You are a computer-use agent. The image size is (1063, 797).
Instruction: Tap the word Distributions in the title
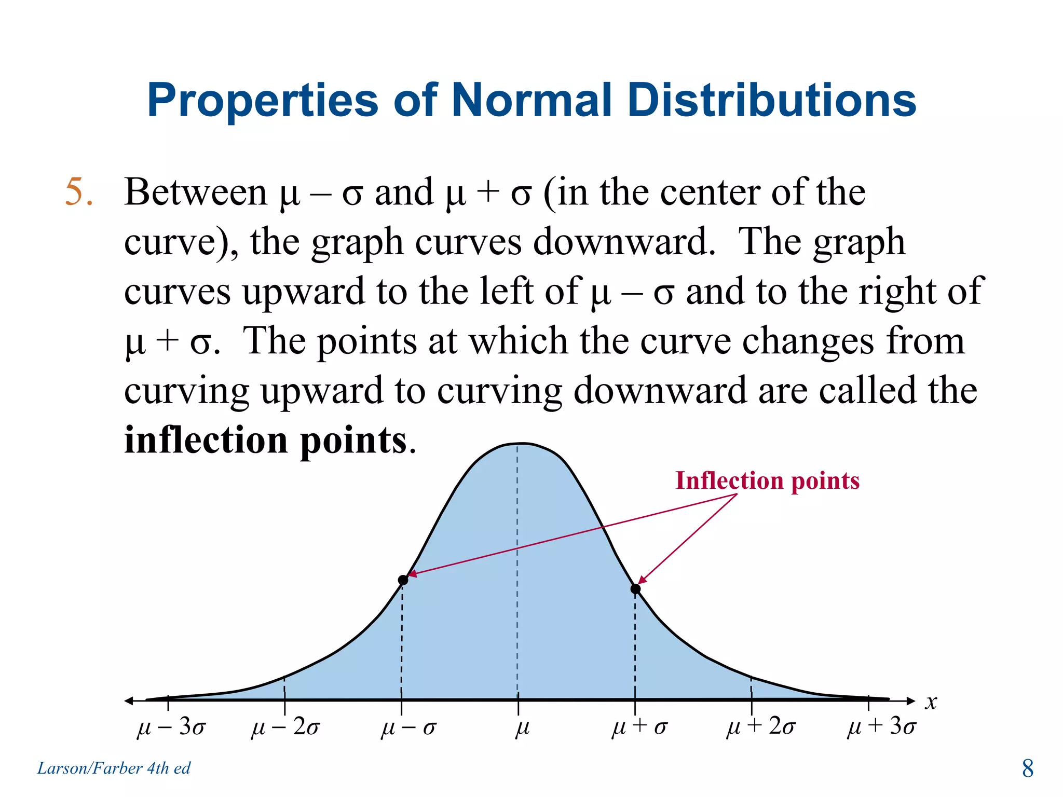771,100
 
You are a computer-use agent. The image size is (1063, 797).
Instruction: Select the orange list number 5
78,193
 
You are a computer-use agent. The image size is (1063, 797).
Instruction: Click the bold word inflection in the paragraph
207,440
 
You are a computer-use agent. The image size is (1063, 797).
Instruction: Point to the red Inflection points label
767,480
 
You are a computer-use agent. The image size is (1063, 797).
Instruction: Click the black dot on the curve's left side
403,580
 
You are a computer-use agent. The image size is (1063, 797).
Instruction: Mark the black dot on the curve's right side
635,588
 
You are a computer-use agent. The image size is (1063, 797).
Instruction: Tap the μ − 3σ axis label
171,727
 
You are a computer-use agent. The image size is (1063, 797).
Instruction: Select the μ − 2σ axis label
285,727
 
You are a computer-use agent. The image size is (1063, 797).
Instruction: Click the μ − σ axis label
408,727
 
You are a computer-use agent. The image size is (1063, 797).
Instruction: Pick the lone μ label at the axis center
522,727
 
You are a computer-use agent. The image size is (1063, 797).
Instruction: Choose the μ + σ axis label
639,727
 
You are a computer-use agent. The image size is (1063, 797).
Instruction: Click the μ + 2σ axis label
760,727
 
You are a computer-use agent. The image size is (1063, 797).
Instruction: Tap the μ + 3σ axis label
881,727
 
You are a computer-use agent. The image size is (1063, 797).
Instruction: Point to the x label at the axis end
931,702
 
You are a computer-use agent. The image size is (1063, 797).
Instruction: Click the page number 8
1027,768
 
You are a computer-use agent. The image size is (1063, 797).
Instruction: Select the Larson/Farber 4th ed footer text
114,768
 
